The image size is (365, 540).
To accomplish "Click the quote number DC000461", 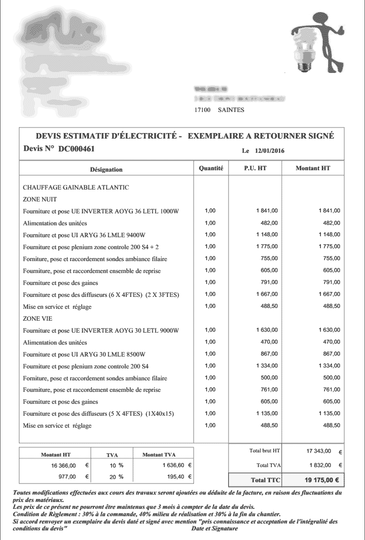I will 77,149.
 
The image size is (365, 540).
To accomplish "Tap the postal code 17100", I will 202,110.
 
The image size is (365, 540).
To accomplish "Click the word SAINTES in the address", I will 231,110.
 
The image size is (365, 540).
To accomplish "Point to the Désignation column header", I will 106,169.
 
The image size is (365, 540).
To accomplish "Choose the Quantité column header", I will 211,168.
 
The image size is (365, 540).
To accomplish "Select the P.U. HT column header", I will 255,168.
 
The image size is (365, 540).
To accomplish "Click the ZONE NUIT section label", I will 39,199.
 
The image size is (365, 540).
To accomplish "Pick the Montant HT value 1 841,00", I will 329,211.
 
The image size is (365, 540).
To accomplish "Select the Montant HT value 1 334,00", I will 329,366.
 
